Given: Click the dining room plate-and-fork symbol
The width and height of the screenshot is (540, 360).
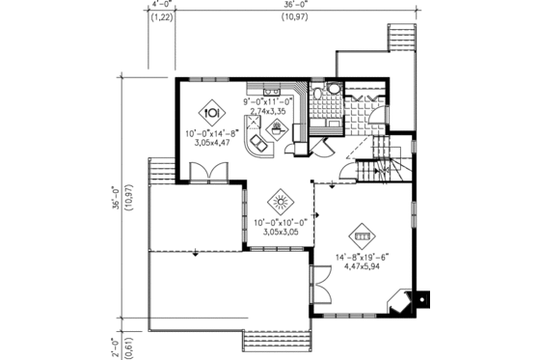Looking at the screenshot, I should (x=210, y=109).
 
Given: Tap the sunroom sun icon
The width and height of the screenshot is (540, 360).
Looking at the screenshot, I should (x=281, y=203).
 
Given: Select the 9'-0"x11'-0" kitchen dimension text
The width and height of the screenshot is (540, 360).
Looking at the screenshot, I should (x=268, y=100).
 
